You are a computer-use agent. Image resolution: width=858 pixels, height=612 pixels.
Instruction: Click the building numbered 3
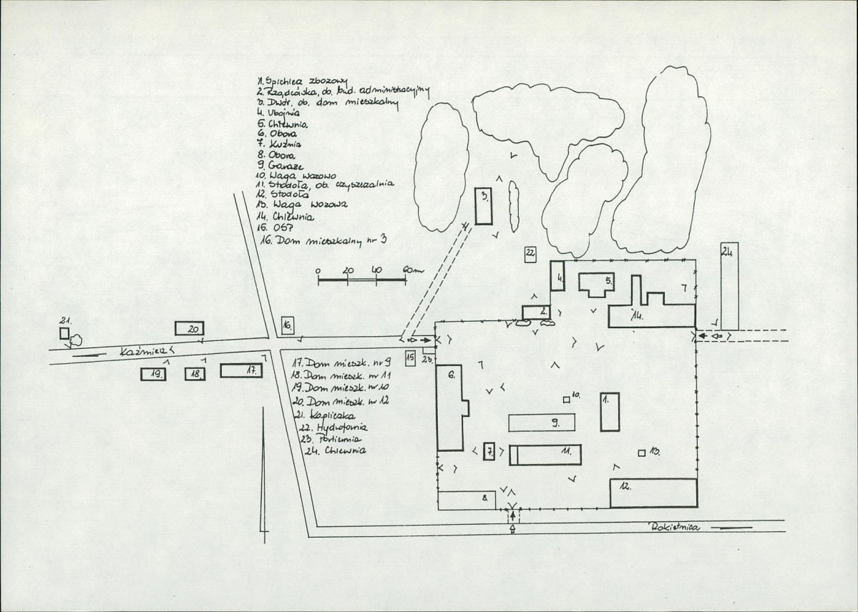(484, 207)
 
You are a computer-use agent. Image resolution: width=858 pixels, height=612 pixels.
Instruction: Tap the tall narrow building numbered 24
(729, 286)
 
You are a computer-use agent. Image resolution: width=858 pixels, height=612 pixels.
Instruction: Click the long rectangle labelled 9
(542, 423)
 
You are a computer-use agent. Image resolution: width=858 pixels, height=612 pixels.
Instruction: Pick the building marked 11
(545, 454)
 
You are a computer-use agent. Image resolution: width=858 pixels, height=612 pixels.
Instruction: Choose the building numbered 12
(653, 493)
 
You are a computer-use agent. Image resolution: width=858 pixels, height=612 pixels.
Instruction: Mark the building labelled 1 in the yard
(610, 410)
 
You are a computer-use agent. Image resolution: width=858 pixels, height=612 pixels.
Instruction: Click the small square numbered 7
(489, 451)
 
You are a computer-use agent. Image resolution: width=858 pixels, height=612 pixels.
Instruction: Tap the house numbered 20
(190, 328)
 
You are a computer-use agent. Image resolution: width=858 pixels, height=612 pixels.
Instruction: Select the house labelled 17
(242, 370)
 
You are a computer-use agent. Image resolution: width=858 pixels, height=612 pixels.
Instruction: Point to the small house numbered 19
(153, 373)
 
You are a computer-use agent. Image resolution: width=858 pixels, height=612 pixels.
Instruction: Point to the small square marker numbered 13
(642, 452)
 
